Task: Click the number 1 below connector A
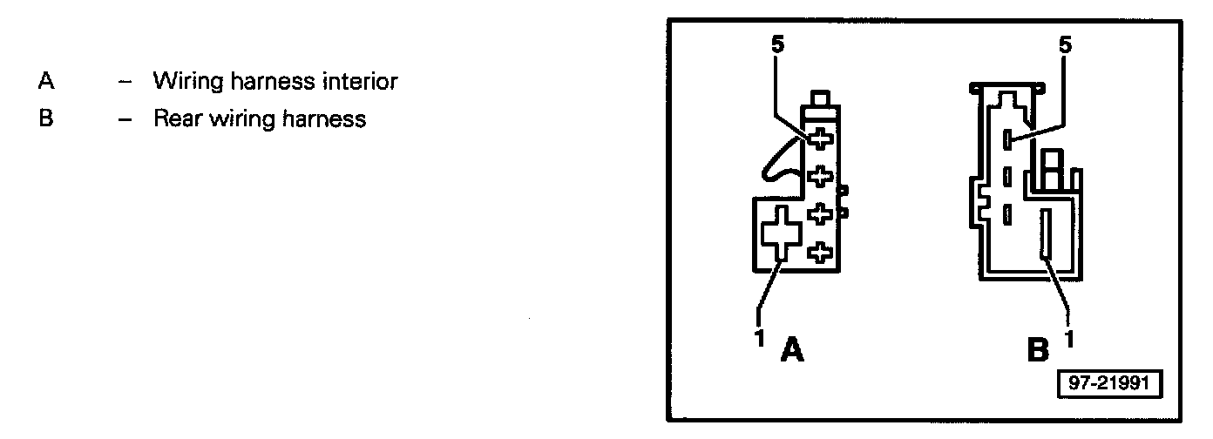click(758, 335)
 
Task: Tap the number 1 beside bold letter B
click(1070, 335)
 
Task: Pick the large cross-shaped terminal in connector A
click(780, 234)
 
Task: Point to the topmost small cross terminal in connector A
click(819, 138)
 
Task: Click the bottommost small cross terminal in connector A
click(819, 253)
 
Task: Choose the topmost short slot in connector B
click(1006, 138)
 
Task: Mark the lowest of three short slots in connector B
click(1006, 212)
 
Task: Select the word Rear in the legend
click(175, 118)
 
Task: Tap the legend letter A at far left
click(46, 82)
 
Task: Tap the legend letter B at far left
click(46, 118)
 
